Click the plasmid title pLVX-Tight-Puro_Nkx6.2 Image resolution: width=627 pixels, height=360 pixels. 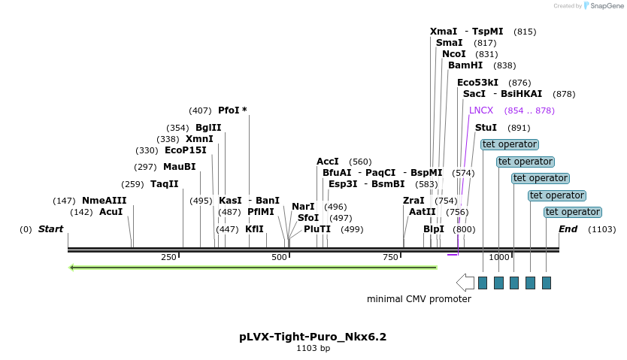click(313, 337)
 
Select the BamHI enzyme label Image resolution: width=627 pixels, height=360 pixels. click(466, 65)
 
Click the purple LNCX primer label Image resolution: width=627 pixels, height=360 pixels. click(481, 110)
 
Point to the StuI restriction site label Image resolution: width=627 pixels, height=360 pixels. click(486, 128)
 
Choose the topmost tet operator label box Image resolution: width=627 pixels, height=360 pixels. click(510, 144)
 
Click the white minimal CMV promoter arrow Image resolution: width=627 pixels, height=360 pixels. click(465, 283)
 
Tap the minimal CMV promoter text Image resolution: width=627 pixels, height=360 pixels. click(419, 299)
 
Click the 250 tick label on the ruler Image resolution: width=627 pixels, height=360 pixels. click(169, 258)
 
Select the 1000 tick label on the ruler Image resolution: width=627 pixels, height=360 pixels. click(499, 258)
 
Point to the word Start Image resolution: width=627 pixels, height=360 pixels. click(50, 228)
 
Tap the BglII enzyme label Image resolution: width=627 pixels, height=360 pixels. click(208, 128)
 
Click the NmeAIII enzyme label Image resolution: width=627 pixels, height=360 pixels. click(104, 201)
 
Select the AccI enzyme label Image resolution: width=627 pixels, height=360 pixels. click(328, 162)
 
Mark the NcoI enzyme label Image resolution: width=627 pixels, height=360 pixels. click(454, 54)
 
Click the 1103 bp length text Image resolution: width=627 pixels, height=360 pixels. click(313, 348)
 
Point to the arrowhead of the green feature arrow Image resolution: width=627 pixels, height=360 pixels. click(72, 267)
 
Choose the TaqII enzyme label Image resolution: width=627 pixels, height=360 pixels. click(165, 184)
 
